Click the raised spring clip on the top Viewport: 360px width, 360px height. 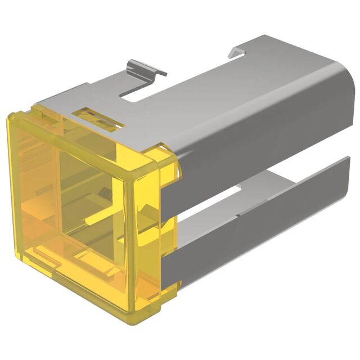click(145, 69)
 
